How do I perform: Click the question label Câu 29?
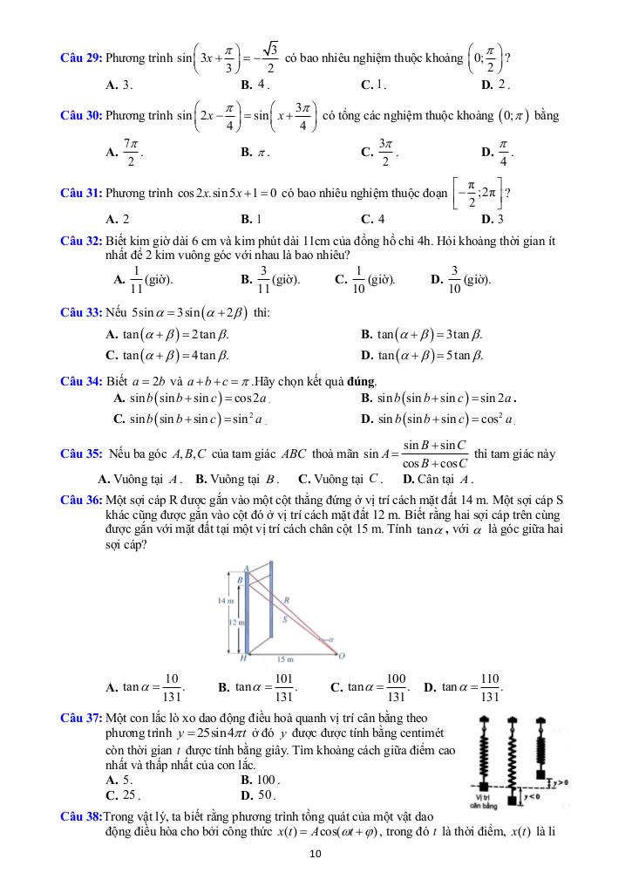click(x=80, y=58)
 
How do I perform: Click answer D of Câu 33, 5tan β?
click(x=422, y=355)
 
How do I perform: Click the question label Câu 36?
click(x=80, y=500)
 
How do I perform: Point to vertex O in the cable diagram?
click(x=341, y=657)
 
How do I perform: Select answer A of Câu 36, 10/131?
click(x=145, y=687)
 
